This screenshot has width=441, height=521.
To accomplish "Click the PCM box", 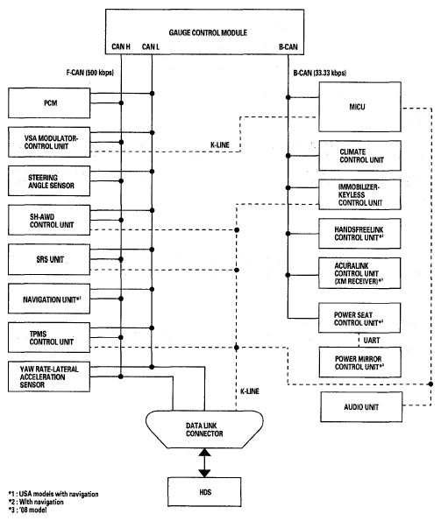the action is pyautogui.click(x=49, y=103).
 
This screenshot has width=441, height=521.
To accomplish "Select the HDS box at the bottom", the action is pyautogui.click(x=204, y=492).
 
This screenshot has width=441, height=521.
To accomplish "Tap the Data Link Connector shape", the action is pyautogui.click(x=204, y=429).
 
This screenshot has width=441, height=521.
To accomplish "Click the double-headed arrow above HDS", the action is pyautogui.click(x=204, y=463).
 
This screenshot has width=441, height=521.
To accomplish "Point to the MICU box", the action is pyautogui.click(x=359, y=107).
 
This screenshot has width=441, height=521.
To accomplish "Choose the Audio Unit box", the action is pyautogui.click(x=361, y=406).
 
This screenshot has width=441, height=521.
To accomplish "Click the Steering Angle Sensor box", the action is pyautogui.click(x=49, y=181).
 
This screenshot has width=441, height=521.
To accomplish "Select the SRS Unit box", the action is pyautogui.click(x=49, y=259).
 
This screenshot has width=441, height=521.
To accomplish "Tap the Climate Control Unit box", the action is pyautogui.click(x=359, y=156).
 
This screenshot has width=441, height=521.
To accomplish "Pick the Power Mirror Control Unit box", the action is pyautogui.click(x=359, y=363).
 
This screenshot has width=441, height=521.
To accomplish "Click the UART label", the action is pyautogui.click(x=372, y=341).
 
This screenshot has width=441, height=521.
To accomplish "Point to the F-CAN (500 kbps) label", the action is pyautogui.click(x=89, y=73).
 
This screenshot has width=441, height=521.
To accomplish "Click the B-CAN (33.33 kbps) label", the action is pyautogui.click(x=320, y=73).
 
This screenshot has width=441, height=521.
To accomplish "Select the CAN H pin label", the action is pyautogui.click(x=121, y=46).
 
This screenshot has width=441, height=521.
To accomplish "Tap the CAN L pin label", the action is pyautogui.click(x=150, y=46).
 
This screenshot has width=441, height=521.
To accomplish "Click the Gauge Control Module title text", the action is pyautogui.click(x=208, y=32).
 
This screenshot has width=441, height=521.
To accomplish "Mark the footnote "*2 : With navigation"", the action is pyautogui.click(x=36, y=502).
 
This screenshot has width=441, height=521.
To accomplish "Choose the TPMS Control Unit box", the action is pyautogui.click(x=49, y=338).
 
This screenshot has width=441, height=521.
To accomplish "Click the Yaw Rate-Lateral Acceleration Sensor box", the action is pyautogui.click(x=49, y=377).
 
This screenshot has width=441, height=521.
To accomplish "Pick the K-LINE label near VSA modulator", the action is pyautogui.click(x=220, y=144).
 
